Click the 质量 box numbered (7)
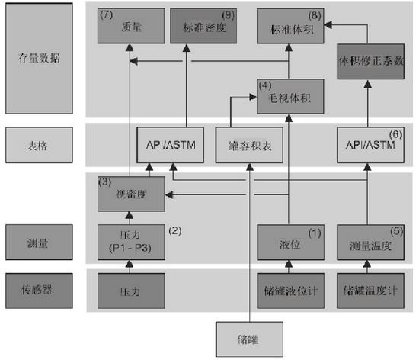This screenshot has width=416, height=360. pyautogui.click(x=131, y=26)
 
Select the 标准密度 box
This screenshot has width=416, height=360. pyautogui.click(x=203, y=26)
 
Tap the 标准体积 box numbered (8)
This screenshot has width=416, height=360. pyautogui.click(x=290, y=26)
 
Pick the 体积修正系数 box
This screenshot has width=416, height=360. pyautogui.click(x=370, y=61)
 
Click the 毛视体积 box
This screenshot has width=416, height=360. pyautogui.click(x=290, y=96)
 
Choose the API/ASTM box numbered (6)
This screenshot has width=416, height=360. pyautogui.click(x=370, y=145)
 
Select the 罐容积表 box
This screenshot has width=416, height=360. pyautogui.click(x=249, y=145)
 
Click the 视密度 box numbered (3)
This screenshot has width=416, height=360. pyautogui.click(x=131, y=194)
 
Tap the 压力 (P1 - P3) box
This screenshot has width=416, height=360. pyautogui.click(x=131, y=242)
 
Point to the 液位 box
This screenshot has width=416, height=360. pyautogui.click(x=290, y=242)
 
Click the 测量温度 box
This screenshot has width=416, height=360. pyautogui.click(x=370, y=242)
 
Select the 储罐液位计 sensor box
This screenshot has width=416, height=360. pyautogui.click(x=290, y=291)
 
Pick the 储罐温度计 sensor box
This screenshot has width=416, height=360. pyautogui.click(x=370, y=291)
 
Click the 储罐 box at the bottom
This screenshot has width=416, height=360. pyautogui.click(x=249, y=339)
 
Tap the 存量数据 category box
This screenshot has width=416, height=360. pyautogui.click(x=39, y=59)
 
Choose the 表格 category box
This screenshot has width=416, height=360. pyautogui.click(x=39, y=145)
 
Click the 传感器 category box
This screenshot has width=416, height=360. pyautogui.click(x=39, y=291)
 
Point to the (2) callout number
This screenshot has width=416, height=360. pyautogui.click(x=174, y=230)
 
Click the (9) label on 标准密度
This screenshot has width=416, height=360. pyautogui.click(x=228, y=15)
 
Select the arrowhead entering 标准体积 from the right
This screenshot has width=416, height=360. pyautogui.click(x=328, y=24)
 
